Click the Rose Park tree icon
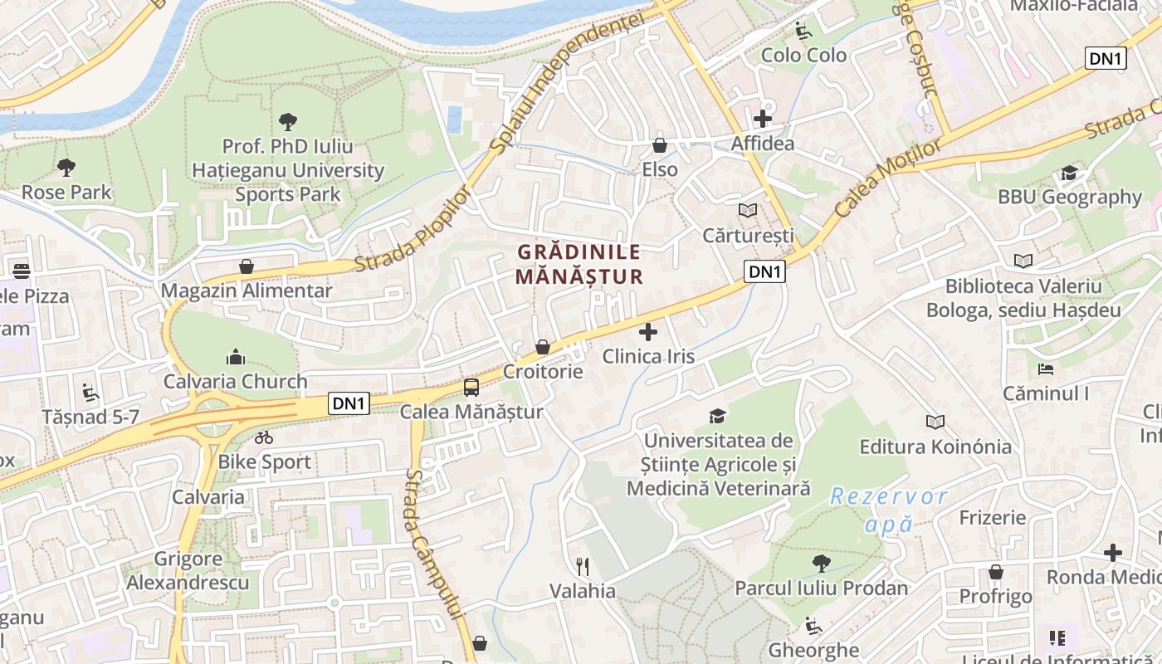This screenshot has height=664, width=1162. pyautogui.click(x=66, y=168)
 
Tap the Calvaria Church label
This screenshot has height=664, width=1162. pyautogui.click(x=236, y=382)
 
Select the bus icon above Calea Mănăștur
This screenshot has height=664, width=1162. pyautogui.click(x=471, y=388)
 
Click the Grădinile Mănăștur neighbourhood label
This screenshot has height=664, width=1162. pyautogui.click(x=579, y=264)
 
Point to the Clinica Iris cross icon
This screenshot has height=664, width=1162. pyautogui.click(x=648, y=333)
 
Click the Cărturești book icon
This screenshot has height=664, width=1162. pyautogui.click(x=748, y=211)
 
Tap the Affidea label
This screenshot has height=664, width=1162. pyautogui.click(x=762, y=144)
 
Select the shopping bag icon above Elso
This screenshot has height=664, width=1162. pyautogui.click(x=660, y=145)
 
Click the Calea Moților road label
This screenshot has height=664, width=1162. pyautogui.click(x=889, y=178)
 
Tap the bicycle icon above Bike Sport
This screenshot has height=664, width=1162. pyautogui.click(x=264, y=437)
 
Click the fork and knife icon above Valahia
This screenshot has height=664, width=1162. pyautogui.click(x=583, y=567)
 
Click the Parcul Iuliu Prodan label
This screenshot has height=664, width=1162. pyautogui.click(x=821, y=588)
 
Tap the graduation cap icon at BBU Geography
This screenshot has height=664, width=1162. pyautogui.click(x=1069, y=173)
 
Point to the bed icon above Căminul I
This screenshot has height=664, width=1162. pyautogui.click(x=1046, y=369)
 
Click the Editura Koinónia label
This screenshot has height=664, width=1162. pyautogui.click(x=935, y=447)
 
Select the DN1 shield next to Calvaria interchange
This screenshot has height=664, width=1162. pyautogui.click(x=349, y=403)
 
